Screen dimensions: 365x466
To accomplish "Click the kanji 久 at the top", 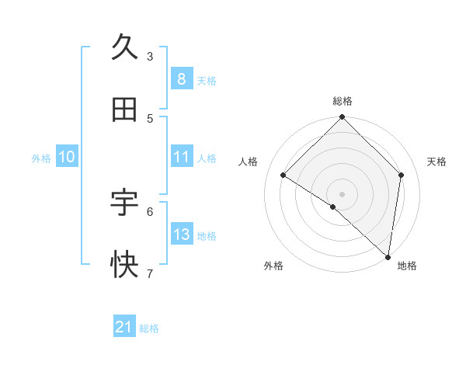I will click(x=124, y=48).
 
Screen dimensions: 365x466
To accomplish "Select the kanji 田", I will click(x=124, y=110).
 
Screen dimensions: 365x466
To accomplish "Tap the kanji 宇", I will click(x=124, y=203).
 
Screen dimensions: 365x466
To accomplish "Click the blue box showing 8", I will click(x=181, y=78).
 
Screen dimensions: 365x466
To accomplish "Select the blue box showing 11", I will click(x=181, y=157).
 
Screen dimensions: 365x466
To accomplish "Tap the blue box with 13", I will click(x=181, y=235).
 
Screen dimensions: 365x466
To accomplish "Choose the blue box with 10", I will click(x=67, y=157).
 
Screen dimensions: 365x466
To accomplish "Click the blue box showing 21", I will click(x=124, y=327).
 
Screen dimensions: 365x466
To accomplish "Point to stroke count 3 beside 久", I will click(x=150, y=56).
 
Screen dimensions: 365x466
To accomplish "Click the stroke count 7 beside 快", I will click(x=150, y=273).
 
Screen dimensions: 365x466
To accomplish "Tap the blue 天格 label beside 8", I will click(x=207, y=80).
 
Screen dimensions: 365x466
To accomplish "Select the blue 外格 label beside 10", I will click(x=41, y=158).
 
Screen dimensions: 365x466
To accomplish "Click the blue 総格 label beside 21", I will click(x=149, y=328).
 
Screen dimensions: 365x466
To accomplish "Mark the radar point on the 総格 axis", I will click(x=342, y=118).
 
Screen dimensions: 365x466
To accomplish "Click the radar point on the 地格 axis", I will click(x=388, y=256).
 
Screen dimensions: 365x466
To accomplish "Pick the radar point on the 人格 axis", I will click(x=283, y=175).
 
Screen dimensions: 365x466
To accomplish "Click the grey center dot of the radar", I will click(x=342, y=193).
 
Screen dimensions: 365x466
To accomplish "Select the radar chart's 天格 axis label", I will click(x=436, y=162).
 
